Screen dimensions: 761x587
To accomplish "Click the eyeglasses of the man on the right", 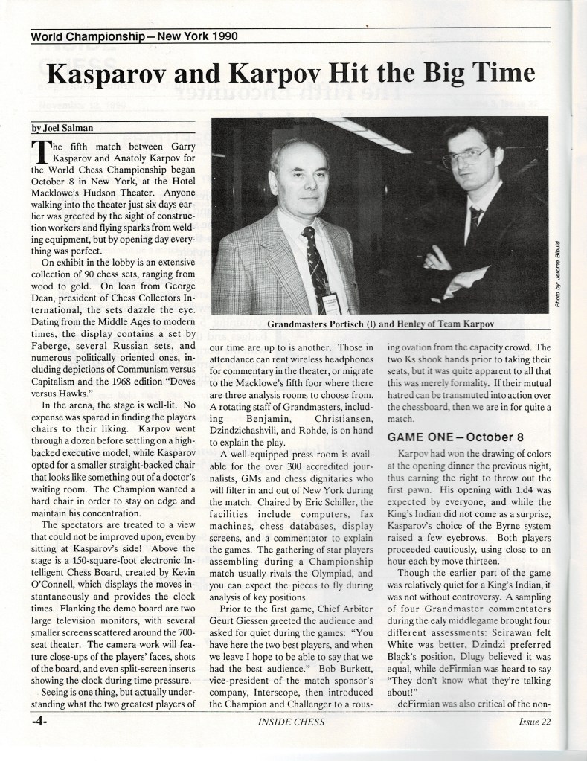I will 466,157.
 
